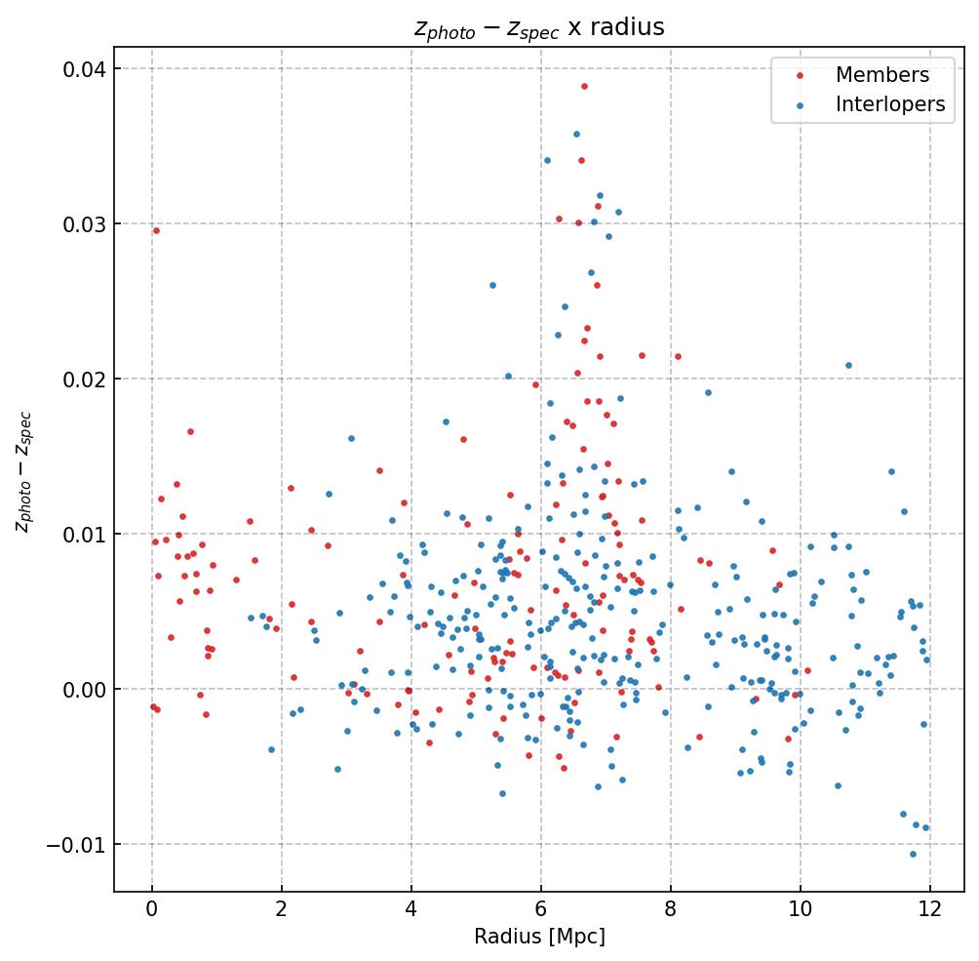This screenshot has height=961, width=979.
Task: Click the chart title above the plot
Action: point(539,28)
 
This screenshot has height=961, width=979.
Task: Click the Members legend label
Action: point(881,75)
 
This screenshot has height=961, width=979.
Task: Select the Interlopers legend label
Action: point(889,104)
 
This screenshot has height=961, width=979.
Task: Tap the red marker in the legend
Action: point(801,75)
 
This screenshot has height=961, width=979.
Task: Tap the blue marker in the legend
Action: point(801,104)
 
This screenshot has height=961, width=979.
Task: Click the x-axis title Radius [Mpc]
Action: point(539,937)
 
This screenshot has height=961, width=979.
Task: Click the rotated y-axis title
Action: point(23,471)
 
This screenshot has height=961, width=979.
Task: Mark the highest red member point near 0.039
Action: point(584,86)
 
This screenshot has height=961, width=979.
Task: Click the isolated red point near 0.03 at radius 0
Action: point(156,230)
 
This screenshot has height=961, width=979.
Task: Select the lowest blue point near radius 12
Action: point(913,854)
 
